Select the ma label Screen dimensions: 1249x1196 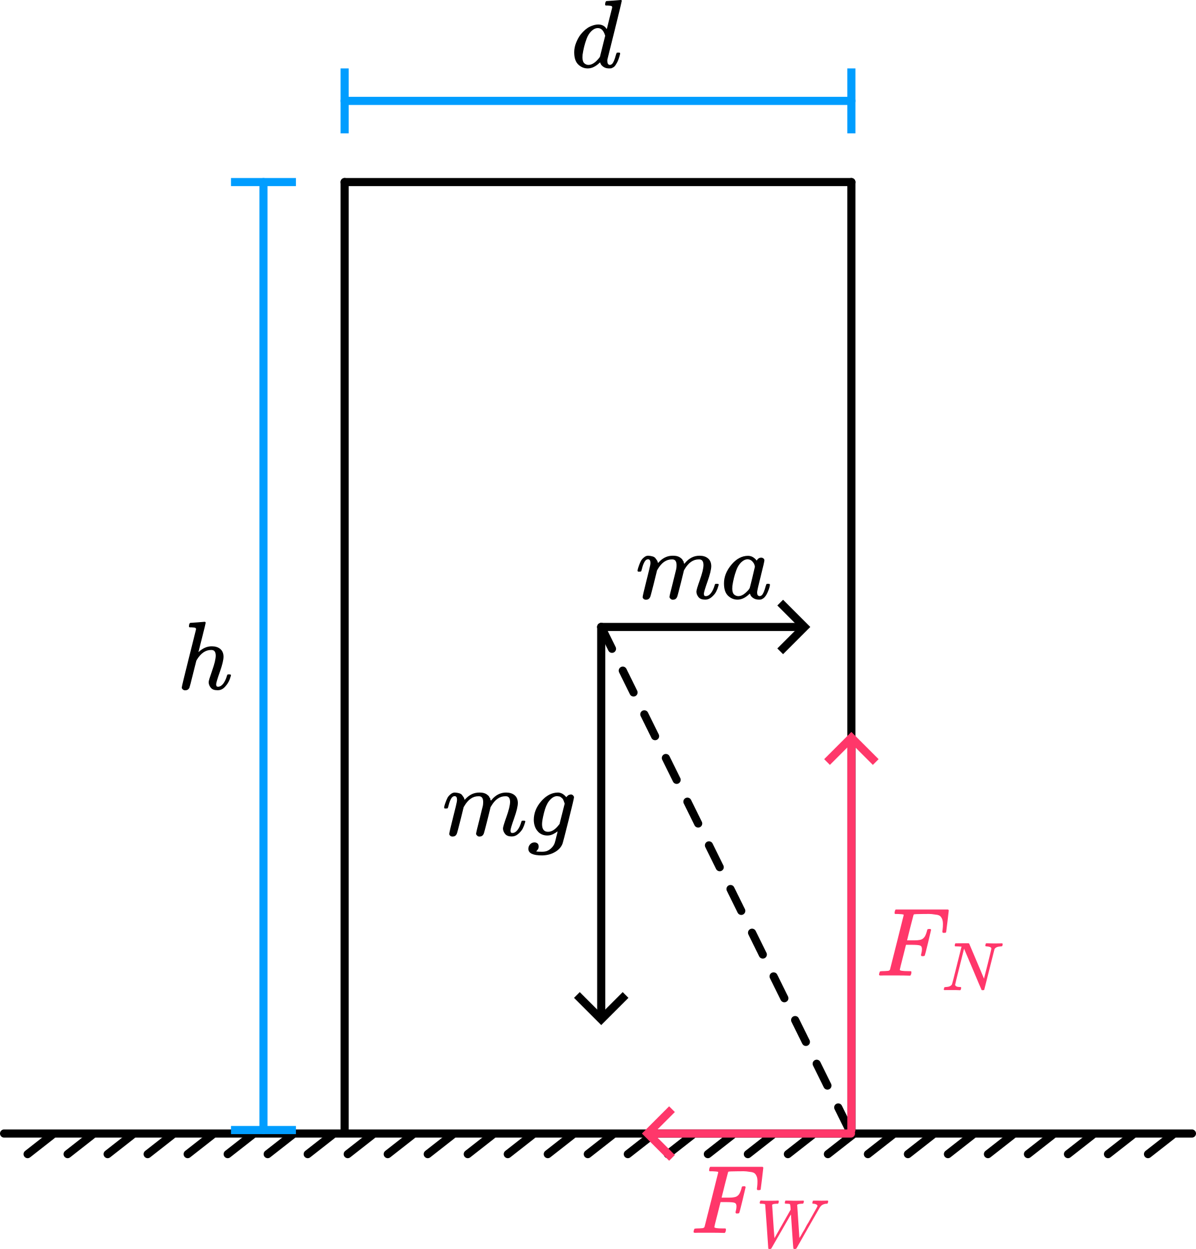[x=703, y=576]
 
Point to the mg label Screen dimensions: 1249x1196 [x=509, y=818]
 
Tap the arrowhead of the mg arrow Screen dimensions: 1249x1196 [x=601, y=1017]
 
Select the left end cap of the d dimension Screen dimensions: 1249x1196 [x=344, y=100]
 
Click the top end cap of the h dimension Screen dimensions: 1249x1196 [x=263, y=183]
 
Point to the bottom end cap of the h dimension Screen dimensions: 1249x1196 [x=263, y=1131]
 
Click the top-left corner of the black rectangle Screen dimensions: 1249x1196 [x=344, y=183]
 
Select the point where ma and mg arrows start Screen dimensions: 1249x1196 [x=601, y=627]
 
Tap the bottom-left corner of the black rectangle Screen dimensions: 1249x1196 [x=344, y=1132]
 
